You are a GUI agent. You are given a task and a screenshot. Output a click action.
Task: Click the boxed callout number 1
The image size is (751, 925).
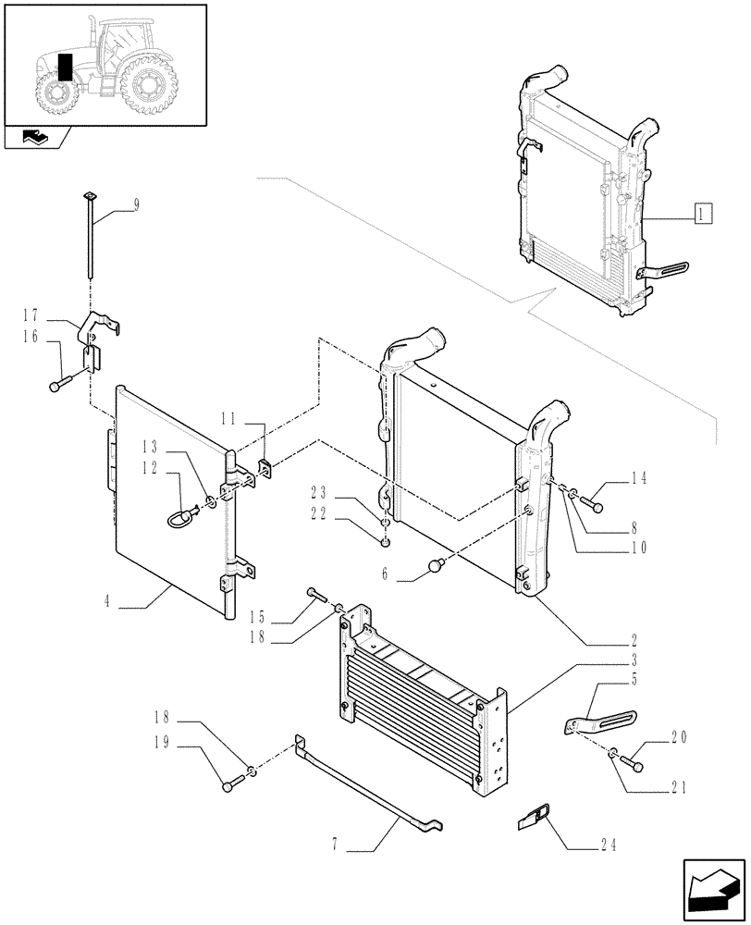coord(702,215)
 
